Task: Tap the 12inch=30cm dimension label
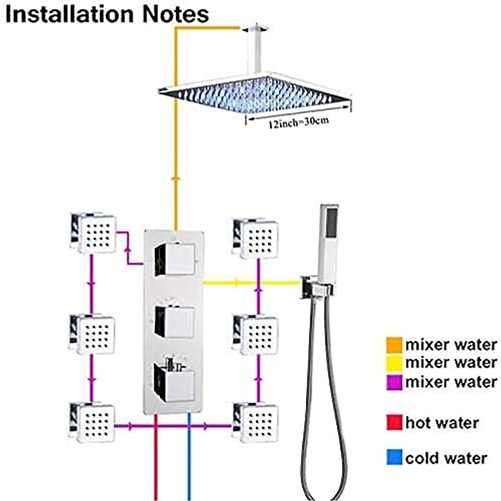click(298, 122)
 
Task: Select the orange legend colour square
click(394, 345)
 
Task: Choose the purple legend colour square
click(394, 382)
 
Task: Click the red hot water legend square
click(394, 423)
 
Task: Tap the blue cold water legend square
click(394, 458)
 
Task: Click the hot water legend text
click(442, 423)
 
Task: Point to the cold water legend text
click(446, 458)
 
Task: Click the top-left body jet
click(93, 234)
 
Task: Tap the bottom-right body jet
click(256, 423)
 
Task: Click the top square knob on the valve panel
click(174, 260)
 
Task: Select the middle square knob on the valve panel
click(174, 322)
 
